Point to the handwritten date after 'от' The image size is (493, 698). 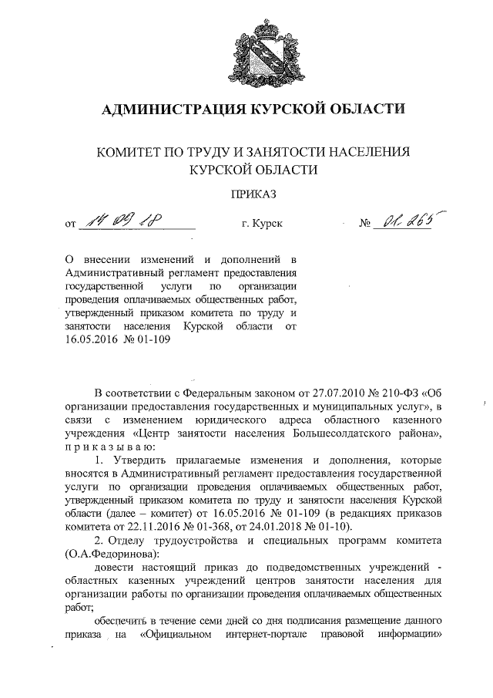tap(127, 222)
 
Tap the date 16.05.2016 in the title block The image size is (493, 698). tap(94, 340)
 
